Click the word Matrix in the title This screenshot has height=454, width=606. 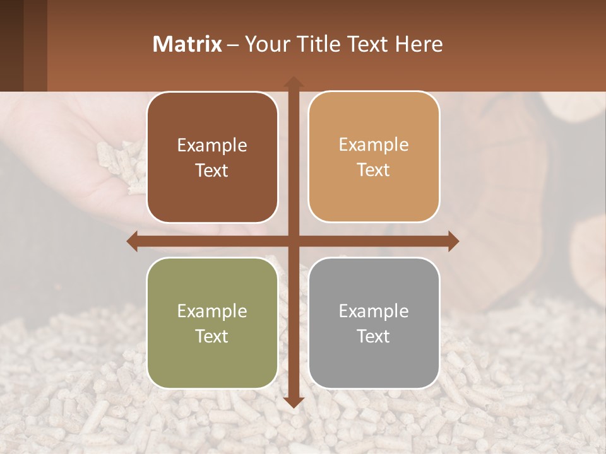(x=187, y=44)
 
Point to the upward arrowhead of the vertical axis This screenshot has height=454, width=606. (x=293, y=82)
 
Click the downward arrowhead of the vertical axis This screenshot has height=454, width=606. (x=293, y=402)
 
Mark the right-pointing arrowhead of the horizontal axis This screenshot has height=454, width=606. (x=453, y=241)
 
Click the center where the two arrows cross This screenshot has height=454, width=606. (x=293, y=241)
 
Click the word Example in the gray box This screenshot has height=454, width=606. (x=374, y=311)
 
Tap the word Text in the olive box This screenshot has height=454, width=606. (x=212, y=336)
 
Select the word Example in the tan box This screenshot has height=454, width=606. (x=374, y=145)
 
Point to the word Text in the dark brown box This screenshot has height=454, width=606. (x=212, y=170)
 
